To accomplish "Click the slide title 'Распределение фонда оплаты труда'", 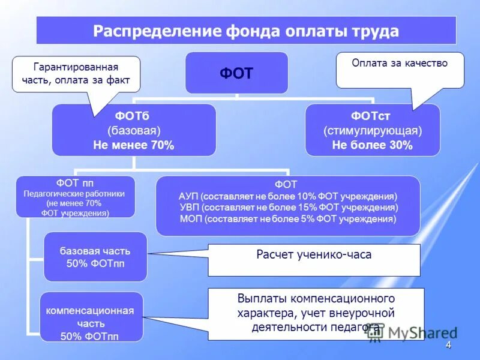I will coord(246,31).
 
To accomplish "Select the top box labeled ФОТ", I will coord(236,73).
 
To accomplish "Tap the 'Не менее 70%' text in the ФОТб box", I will coord(134,145).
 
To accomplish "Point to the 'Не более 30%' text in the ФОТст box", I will coord(373,145).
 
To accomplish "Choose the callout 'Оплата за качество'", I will coord(400,63).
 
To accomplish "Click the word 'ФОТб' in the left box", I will coord(134,115).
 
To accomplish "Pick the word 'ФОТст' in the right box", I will coord(373,115).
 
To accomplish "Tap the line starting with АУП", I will coord(288,196).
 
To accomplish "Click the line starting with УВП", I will coord(288,208).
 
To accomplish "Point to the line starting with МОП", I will coord(288,219).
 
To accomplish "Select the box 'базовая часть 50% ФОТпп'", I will coord(95,257).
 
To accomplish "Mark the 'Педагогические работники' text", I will coord(75,194).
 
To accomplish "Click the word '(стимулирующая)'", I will coord(373,130).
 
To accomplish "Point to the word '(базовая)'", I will coord(134,130).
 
